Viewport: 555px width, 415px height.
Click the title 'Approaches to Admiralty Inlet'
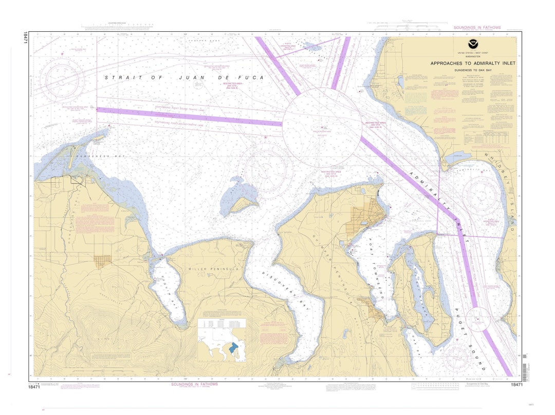coord(466,63)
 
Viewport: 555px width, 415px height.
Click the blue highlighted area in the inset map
coord(235,348)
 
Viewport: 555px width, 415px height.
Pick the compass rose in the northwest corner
coord(63,80)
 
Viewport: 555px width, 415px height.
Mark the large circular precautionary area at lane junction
coord(322,127)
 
